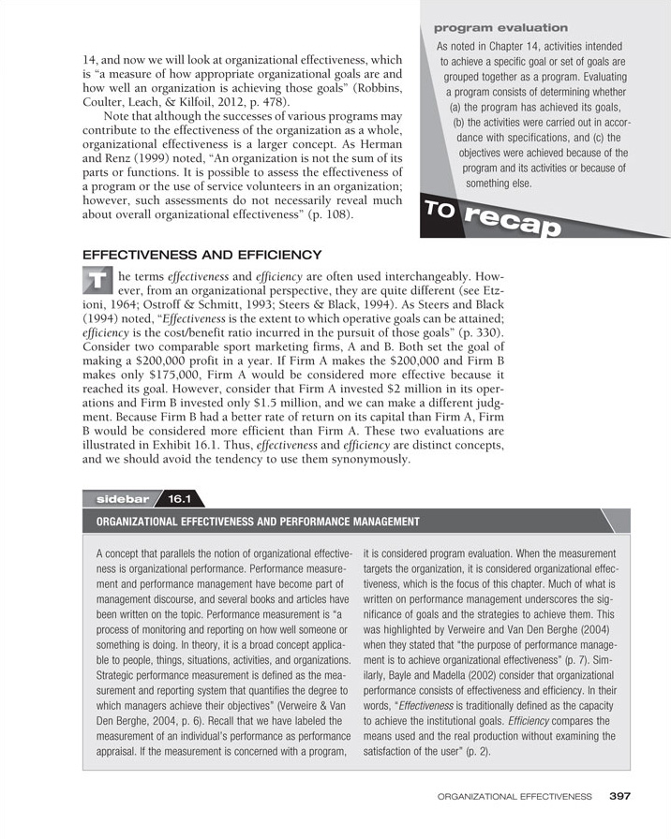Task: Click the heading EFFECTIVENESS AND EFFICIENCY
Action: click(x=203, y=254)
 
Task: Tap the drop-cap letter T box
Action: click(x=97, y=280)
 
